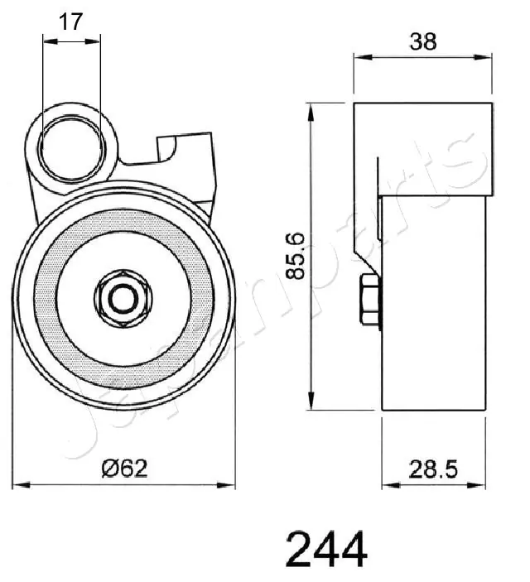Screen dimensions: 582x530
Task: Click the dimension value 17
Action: pyautogui.click(x=71, y=22)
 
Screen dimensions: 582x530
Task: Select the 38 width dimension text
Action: pyautogui.click(x=424, y=41)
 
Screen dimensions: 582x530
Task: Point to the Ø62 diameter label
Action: pyautogui.click(x=123, y=469)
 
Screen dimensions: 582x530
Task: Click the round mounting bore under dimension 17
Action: pyautogui.click(x=71, y=147)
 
